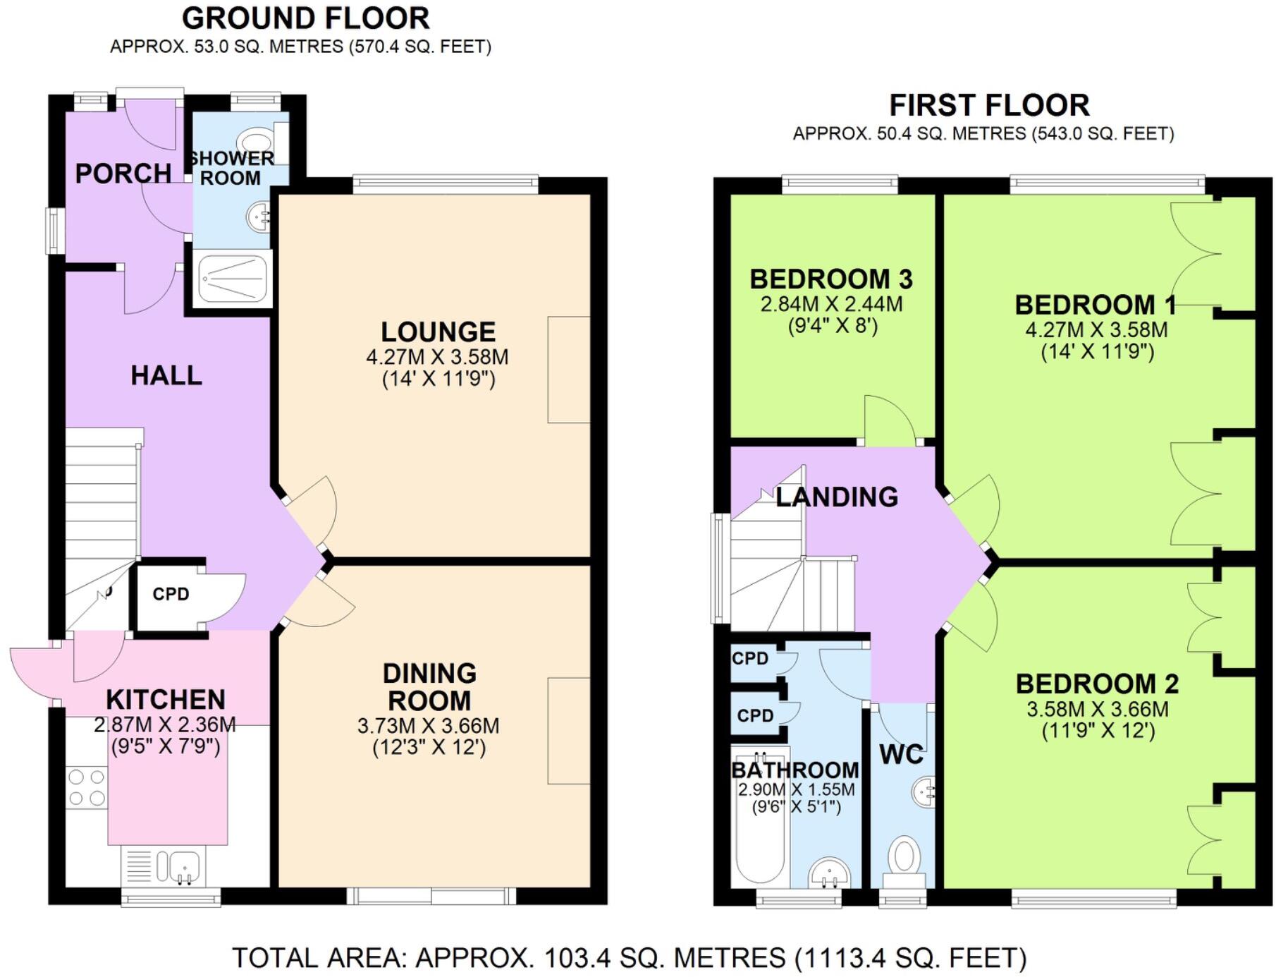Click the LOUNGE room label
438,332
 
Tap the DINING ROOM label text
429,687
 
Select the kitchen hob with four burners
87,787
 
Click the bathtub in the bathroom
760,815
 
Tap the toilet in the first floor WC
904,862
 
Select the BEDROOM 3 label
831,279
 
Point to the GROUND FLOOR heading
306,18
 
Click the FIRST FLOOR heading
989,106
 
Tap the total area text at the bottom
629,958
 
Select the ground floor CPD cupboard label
171,594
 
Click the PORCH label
123,174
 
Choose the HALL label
166,375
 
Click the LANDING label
837,497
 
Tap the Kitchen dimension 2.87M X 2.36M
165,724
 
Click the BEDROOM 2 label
1097,684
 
